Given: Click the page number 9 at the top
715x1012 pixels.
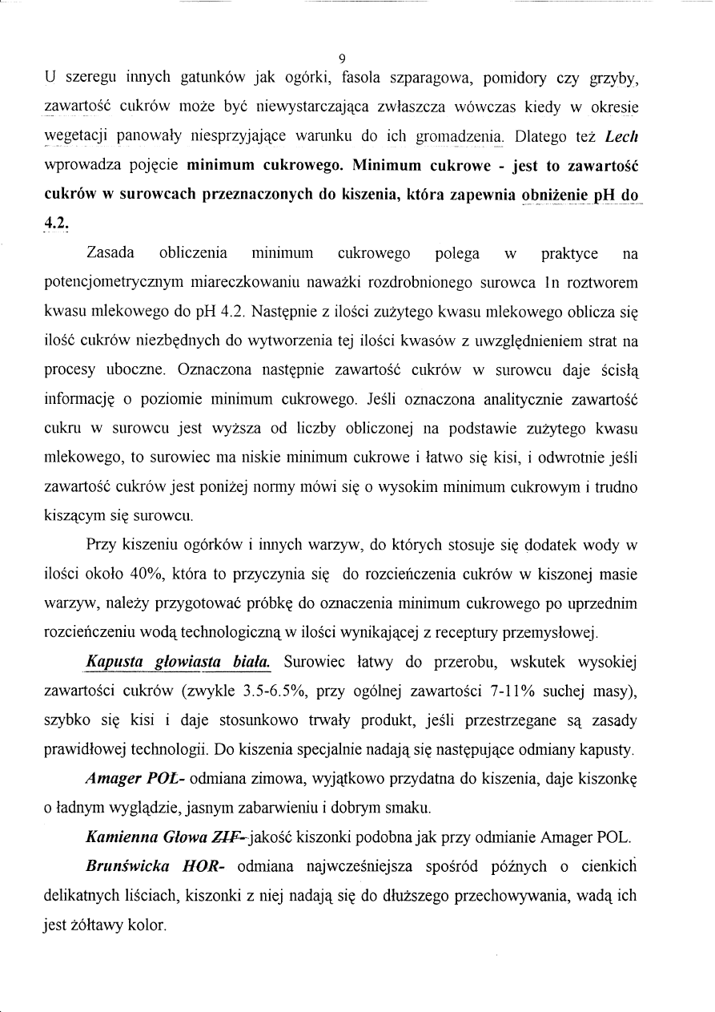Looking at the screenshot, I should (343, 58).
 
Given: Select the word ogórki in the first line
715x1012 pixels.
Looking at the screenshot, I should (305, 79).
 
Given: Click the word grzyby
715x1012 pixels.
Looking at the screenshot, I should (614, 79).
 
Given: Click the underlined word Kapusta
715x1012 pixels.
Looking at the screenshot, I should (114, 663).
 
